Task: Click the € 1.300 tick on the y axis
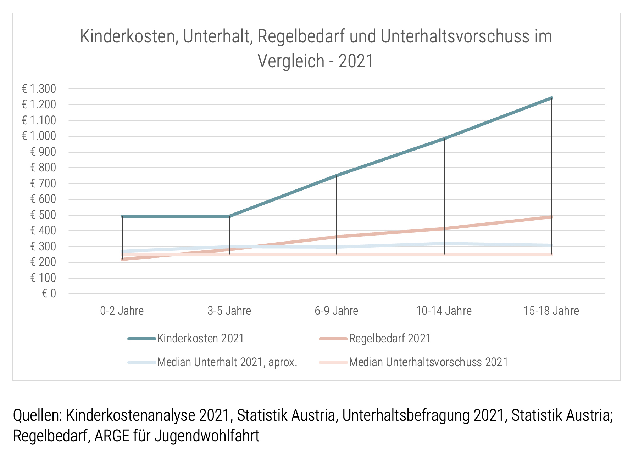pyautogui.click(x=39, y=89)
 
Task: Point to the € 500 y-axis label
pyautogui.click(x=43, y=215)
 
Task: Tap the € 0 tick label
pyautogui.click(x=49, y=294)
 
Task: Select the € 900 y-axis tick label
pyautogui.click(x=43, y=152)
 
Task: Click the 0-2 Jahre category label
pyautogui.click(x=122, y=311)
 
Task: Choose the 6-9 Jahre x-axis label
pyautogui.click(x=337, y=311)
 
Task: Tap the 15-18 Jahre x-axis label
pyautogui.click(x=551, y=311)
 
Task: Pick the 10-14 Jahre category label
pyautogui.click(x=444, y=311)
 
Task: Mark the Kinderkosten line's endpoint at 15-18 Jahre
pyautogui.click(x=551, y=98)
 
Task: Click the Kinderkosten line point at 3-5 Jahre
pyautogui.click(x=229, y=216)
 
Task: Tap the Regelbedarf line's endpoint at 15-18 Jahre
pyautogui.click(x=551, y=217)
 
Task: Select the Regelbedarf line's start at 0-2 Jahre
pyautogui.click(x=122, y=259)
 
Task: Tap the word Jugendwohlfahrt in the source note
pyautogui.click(x=207, y=436)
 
